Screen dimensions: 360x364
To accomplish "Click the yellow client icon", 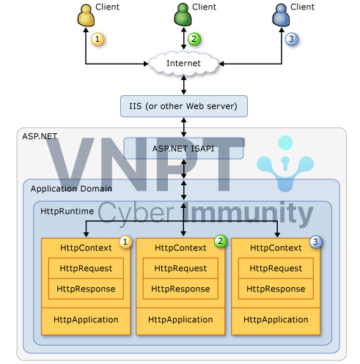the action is click(x=86, y=15).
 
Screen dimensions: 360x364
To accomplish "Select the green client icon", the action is click(x=183, y=15).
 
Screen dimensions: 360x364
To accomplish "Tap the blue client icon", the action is click(x=281, y=15).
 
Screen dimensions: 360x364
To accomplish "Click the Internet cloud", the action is click(x=183, y=64).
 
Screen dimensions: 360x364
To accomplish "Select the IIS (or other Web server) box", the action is click(x=184, y=106).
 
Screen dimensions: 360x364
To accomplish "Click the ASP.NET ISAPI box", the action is click(x=183, y=149).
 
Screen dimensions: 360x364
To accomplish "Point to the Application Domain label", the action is click(x=71, y=189).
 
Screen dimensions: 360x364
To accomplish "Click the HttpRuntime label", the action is click(x=67, y=211).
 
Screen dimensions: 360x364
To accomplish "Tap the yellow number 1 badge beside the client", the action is click(x=98, y=39).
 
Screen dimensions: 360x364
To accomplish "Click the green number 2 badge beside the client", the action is click(x=194, y=39).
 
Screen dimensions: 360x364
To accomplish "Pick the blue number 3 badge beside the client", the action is click(x=291, y=39).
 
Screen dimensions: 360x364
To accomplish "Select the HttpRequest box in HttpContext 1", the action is click(x=86, y=268).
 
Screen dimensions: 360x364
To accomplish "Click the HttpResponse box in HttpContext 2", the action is click(x=180, y=289).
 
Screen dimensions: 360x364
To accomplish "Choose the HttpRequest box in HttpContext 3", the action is click(x=276, y=268).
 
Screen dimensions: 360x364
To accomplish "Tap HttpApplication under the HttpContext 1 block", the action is click(x=86, y=320).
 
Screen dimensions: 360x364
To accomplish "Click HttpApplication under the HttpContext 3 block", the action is click(x=276, y=320).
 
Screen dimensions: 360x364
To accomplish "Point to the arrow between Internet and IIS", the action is click(x=184, y=85).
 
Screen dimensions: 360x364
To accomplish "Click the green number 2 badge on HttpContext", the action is click(x=221, y=242).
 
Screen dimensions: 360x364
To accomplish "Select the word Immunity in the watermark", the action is click(x=249, y=213).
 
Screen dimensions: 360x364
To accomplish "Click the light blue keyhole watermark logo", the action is click(x=285, y=163).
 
